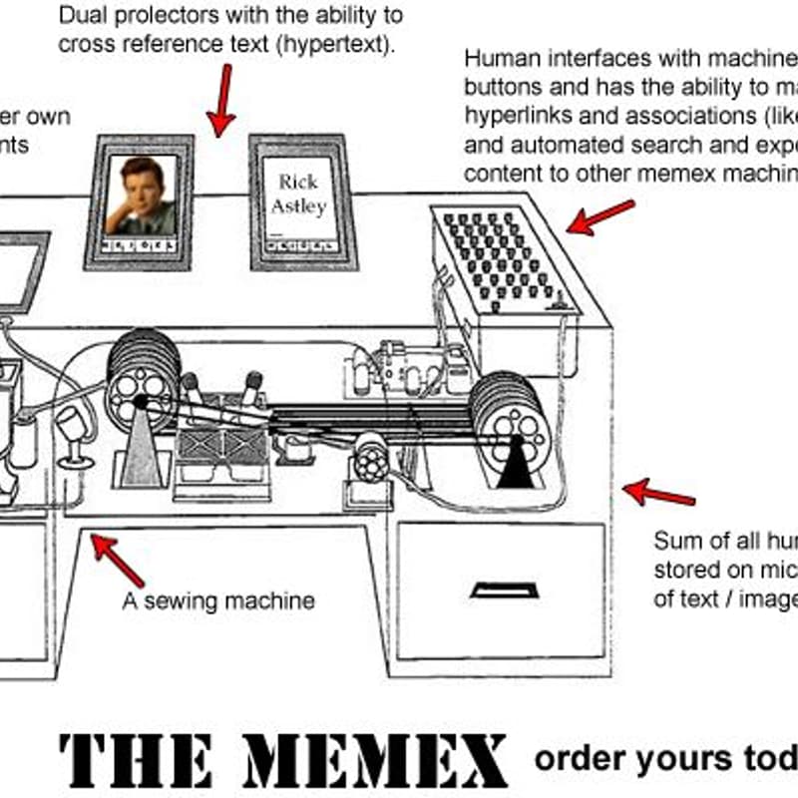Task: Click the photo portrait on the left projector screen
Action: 140,195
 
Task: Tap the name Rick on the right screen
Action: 297,183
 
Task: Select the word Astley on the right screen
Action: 298,206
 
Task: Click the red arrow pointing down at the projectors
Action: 223,100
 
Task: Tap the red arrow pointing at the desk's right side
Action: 658,493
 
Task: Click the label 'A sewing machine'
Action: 218,600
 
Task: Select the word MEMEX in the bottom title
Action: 375,760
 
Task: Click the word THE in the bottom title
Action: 135,760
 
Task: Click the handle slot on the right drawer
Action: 504,591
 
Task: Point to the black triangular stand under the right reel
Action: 516,465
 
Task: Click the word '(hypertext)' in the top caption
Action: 338,44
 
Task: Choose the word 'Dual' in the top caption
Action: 82,16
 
